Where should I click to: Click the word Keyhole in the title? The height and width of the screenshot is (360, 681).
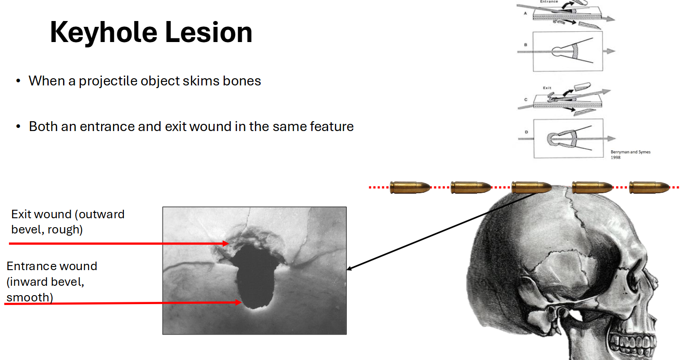103,33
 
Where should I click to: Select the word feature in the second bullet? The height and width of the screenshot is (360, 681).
331,127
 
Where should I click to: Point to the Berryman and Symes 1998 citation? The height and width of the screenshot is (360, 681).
630,154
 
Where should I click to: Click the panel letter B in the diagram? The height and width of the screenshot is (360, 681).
525,45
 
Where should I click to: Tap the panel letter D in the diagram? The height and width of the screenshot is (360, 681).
526,132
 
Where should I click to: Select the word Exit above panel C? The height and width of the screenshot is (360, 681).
547,88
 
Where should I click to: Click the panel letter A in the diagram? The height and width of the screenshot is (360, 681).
525,13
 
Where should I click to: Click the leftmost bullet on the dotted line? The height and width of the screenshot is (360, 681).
410,187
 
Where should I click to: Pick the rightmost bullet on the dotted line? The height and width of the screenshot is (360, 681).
649,187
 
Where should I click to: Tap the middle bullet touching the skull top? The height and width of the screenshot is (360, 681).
531,187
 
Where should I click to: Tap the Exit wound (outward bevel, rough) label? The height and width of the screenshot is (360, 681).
68,222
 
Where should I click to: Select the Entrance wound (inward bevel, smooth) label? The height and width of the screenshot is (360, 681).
51,281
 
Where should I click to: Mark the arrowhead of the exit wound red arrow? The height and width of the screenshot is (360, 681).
226,244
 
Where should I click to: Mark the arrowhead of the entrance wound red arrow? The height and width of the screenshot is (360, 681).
239,303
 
